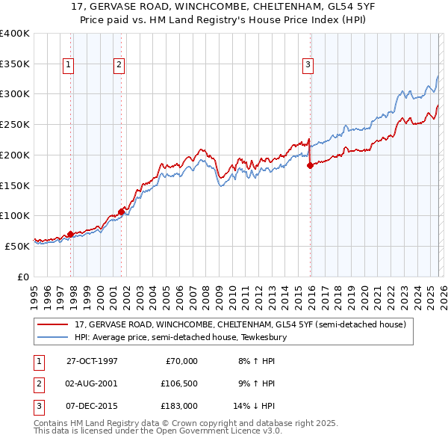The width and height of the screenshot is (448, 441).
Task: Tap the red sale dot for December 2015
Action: coord(309,166)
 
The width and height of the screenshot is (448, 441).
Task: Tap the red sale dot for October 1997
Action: coord(71,234)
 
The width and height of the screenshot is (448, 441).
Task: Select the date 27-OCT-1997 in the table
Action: coord(92,361)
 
